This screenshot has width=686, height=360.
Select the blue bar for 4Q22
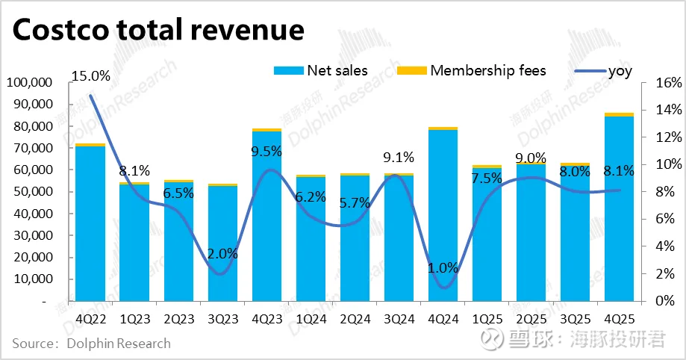coord(90,224)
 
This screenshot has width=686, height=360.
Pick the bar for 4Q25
coord(618,209)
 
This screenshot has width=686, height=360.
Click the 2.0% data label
coord(222,253)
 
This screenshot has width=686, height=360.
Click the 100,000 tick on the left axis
coord(28,82)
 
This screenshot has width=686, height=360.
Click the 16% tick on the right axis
coord(667,83)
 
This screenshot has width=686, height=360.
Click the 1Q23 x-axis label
coord(134,318)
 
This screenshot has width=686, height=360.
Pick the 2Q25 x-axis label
coord(530,318)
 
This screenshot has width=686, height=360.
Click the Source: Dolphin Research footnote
coord(91,344)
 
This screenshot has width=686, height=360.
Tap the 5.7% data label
coord(355,202)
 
